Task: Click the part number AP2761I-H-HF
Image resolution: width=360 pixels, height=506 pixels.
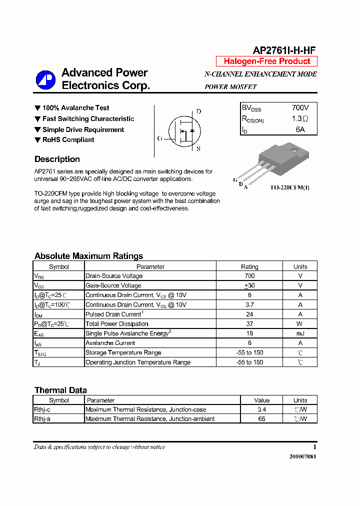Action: coord(284,50)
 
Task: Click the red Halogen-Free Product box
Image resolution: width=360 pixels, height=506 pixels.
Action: coord(266,61)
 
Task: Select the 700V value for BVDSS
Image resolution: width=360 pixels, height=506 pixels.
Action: coord(300,107)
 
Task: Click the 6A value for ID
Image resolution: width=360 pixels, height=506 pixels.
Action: coord(300,129)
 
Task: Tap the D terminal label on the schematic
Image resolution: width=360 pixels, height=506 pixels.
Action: coord(198,111)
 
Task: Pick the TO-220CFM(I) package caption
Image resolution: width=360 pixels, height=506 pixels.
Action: coord(290,187)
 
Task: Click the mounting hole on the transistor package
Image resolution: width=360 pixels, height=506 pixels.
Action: coord(294,149)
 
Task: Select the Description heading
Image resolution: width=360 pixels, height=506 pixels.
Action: coord(57,159)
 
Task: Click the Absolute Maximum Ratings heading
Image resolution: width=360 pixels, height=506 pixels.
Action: coord(88,256)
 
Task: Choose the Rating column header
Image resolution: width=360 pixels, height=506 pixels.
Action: coord(249,266)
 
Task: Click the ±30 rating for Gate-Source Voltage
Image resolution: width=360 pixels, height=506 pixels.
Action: coord(249,285)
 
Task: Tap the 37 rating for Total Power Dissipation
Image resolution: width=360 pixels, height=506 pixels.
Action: coord(249,324)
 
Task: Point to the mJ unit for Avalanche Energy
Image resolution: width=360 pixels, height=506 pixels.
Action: coord(300,333)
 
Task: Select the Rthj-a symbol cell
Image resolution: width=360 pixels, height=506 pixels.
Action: coord(42,419)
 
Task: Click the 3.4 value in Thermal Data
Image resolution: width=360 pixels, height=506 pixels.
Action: coord(261,409)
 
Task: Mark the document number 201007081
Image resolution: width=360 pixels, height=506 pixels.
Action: coord(302,457)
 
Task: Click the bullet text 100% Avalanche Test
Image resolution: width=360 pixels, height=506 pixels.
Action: coord(75,108)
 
